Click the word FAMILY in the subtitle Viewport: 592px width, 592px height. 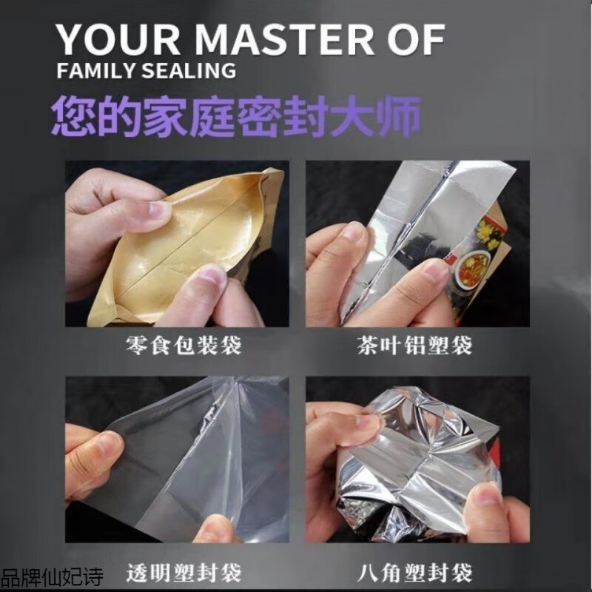[92, 72]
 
